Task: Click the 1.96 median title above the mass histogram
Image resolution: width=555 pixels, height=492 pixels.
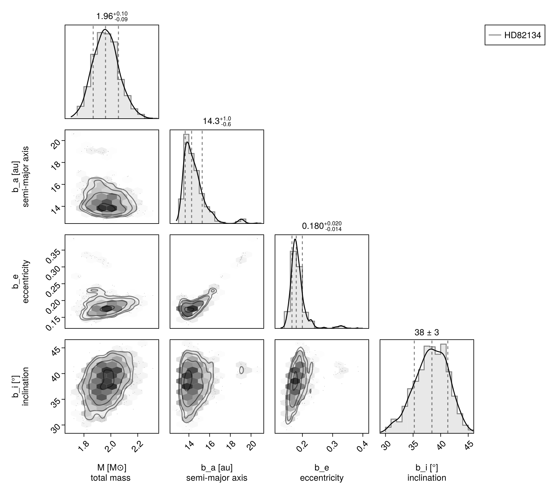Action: [112, 17]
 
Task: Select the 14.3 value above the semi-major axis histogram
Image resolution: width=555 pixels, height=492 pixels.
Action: [217, 121]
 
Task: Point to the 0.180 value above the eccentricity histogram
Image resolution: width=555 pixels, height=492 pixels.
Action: [322, 226]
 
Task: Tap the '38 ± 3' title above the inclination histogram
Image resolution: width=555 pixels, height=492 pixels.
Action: [427, 333]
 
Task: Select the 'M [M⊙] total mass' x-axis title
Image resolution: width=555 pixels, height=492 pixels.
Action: [111, 473]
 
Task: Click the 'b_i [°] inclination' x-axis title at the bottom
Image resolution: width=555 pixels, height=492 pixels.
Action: [427, 473]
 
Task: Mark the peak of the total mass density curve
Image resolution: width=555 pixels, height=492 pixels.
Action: [105, 30]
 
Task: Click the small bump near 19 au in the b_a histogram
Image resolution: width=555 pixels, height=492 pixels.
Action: [242, 220]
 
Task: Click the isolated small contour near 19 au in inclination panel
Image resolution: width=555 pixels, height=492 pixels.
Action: [242, 370]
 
